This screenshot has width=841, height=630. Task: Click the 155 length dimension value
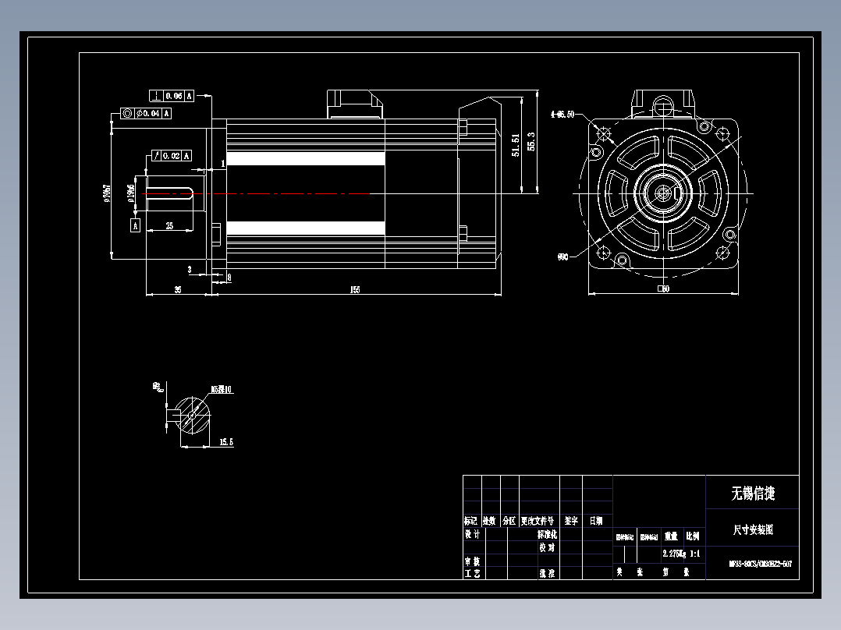(355, 289)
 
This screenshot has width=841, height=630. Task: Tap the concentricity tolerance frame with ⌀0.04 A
(146, 113)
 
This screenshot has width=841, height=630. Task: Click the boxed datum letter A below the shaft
(135, 225)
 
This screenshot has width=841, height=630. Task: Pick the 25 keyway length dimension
(169, 225)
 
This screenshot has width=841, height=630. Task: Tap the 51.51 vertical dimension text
(515, 145)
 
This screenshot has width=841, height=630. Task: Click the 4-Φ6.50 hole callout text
(562, 114)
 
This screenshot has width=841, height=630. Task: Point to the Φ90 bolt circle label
(562, 256)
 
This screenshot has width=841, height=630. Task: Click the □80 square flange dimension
(663, 288)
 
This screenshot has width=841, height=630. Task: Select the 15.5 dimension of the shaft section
(226, 442)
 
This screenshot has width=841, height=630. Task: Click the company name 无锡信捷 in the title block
(752, 493)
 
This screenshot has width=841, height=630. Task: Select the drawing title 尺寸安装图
(752, 529)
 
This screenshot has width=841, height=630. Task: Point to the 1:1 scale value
(694, 554)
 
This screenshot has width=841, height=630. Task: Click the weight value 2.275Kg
(673, 554)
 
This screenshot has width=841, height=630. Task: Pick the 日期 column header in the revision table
(595, 520)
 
